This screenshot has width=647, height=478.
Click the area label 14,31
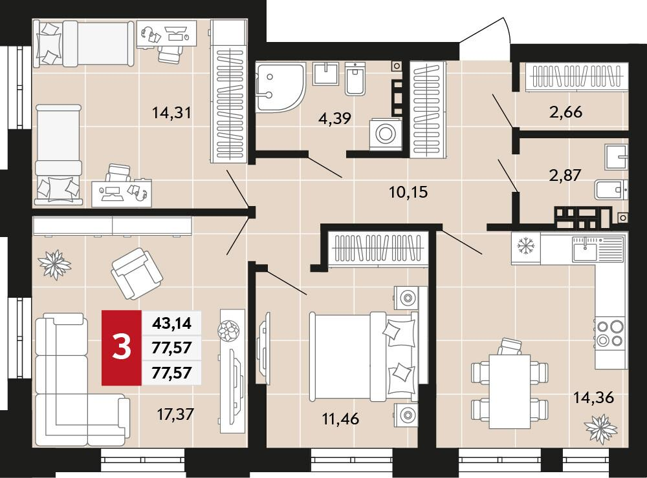coord(171,112)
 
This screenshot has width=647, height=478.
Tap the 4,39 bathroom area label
coord(334,118)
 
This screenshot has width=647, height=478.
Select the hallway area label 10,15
coord(408,192)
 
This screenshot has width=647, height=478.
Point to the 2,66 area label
coord(565,112)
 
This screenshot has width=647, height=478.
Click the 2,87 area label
coord(565,175)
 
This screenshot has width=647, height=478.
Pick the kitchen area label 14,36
coord(594,398)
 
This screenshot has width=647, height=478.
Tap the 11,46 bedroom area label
coord(340,419)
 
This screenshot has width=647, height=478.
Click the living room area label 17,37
coord(175,414)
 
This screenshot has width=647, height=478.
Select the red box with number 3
coord(122,348)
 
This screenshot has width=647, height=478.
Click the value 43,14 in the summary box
coord(171,324)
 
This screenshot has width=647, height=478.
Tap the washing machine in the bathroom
coord(386,134)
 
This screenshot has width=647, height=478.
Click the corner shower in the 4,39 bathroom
coord(280,87)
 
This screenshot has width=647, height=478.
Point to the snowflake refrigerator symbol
coord(525,247)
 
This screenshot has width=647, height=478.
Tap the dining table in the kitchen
coord(510,391)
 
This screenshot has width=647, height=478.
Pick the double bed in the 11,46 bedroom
coord(364,357)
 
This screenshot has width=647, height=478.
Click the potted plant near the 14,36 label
coord(601,430)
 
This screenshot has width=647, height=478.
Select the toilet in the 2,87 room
coord(611,190)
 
